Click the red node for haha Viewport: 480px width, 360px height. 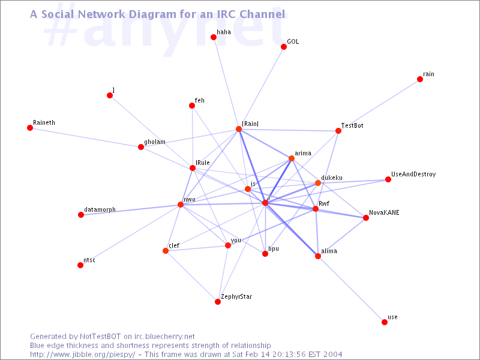(x=214, y=37)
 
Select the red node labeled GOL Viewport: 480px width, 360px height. (x=284, y=47)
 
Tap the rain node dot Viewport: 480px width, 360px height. (x=420, y=79)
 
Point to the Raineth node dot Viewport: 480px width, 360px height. (x=30, y=128)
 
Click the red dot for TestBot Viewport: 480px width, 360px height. (x=338, y=131)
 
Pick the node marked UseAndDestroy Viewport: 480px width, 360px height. (x=388, y=179)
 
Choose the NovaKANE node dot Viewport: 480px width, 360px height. (x=366, y=218)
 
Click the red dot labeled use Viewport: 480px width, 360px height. (x=385, y=322)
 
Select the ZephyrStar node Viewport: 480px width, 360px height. (x=218, y=302)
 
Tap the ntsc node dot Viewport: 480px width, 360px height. (x=80, y=265)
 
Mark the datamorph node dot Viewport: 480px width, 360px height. (x=81, y=215)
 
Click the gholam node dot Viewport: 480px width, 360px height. (x=141, y=147)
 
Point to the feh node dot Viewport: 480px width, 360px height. (x=192, y=106)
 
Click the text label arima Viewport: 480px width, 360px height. (x=303, y=154)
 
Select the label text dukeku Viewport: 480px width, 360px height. (x=332, y=178)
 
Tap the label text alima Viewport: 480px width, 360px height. (x=329, y=251)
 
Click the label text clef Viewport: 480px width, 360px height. (x=174, y=245)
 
